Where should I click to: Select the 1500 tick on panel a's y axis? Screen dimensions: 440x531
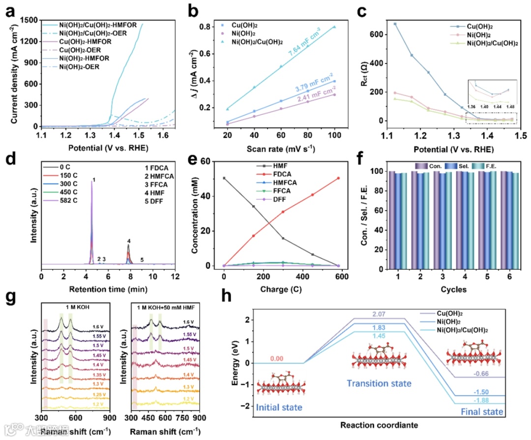pos(29,20)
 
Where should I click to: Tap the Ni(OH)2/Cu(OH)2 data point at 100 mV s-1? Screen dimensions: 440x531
pos(334,27)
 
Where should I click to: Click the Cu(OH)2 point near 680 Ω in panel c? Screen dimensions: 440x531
pos(395,24)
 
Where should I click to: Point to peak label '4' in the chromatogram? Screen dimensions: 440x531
pos(129,241)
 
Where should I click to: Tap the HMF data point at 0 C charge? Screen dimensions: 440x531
pos(224,178)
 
